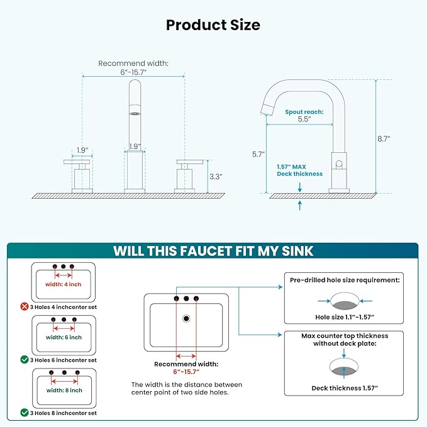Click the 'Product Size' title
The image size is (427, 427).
(213, 25)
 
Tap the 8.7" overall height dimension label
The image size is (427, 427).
(384, 139)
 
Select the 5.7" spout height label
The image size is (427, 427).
(258, 155)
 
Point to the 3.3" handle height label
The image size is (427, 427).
(216, 177)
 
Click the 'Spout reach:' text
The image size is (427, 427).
(304, 112)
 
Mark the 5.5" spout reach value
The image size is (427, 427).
(304, 119)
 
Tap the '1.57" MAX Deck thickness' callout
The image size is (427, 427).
(299, 170)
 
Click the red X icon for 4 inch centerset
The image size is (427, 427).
(25, 307)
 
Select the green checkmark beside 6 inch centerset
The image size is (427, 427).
(25, 360)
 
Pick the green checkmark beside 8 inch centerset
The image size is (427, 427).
(25, 413)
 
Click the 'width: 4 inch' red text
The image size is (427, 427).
(64, 284)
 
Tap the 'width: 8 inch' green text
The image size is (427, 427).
(64, 391)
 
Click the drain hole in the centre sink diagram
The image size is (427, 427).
(186, 318)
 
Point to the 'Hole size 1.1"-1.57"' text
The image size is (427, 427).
(345, 317)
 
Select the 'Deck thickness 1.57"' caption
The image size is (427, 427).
(345, 388)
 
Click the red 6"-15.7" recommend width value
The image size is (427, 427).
(186, 372)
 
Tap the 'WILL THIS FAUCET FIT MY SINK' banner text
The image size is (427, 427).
(213, 251)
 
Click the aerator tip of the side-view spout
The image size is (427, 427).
(267, 109)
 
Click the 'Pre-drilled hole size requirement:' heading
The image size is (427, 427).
(345, 280)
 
